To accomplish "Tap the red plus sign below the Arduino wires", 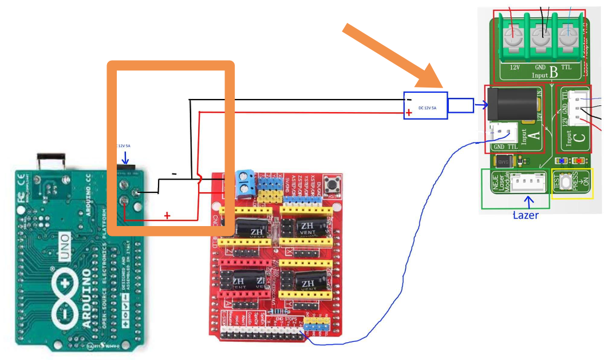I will click(167, 215).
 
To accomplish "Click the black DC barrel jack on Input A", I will click(512, 105).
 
